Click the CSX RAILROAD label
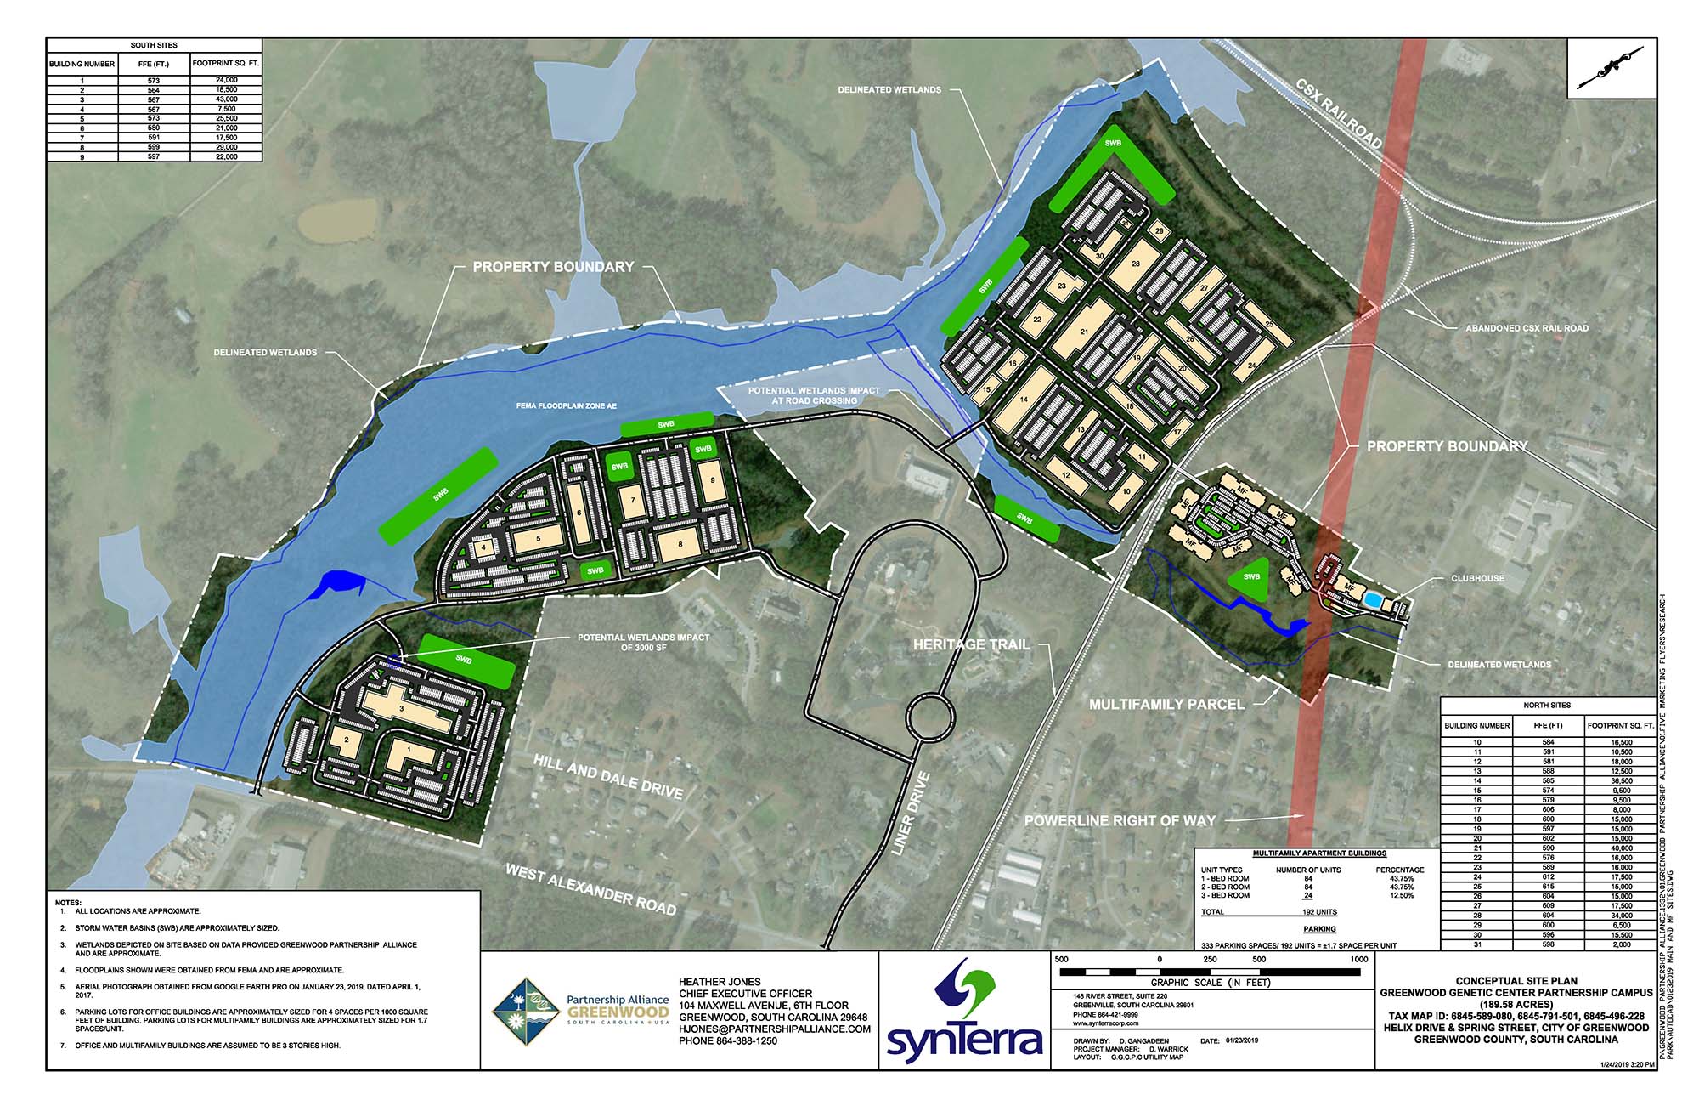tap(1339, 115)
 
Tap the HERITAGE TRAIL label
tap(971, 644)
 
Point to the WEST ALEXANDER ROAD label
tap(591, 889)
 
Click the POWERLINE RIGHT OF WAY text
tap(1120, 820)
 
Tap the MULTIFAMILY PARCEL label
tap(1166, 704)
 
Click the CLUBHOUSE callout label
tap(1477, 578)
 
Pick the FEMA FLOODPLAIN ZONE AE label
tap(566, 406)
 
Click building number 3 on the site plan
tap(401, 708)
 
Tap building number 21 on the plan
tap(1084, 332)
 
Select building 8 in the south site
tap(680, 543)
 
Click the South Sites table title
tap(154, 45)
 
